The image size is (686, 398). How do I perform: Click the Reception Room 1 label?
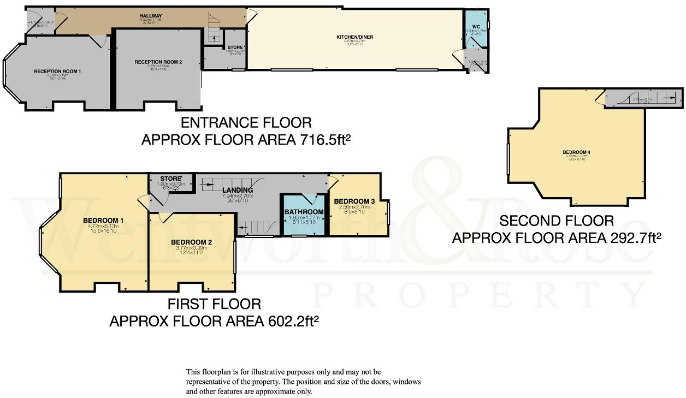57,72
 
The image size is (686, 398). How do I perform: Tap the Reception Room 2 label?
158,62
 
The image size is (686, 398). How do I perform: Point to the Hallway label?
151,16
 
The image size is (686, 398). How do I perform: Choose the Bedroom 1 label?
103,221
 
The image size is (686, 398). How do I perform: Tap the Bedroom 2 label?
191,242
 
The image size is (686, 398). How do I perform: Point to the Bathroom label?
304,212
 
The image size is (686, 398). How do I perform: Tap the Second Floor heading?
557,221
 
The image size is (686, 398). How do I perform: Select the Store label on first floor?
170,179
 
